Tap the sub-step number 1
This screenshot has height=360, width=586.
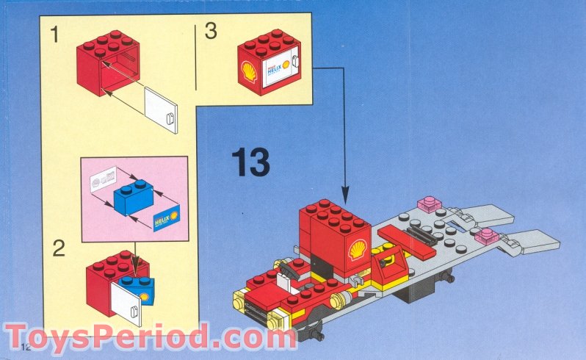click(56, 32)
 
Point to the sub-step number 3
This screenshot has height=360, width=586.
click(211, 32)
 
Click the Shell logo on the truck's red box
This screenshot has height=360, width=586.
click(358, 249)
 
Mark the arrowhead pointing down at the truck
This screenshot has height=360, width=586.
click(345, 193)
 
